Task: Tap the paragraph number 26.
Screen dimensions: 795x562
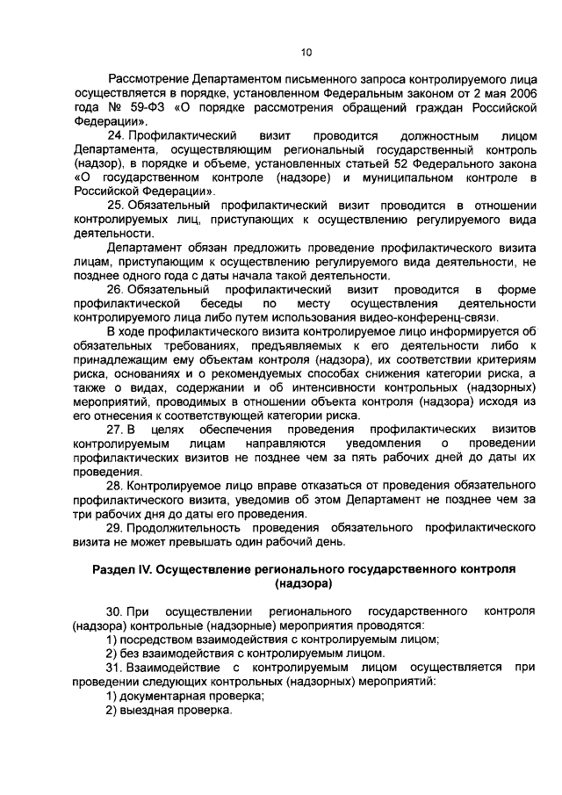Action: (x=115, y=289)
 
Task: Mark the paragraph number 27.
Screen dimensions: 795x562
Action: (x=115, y=429)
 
